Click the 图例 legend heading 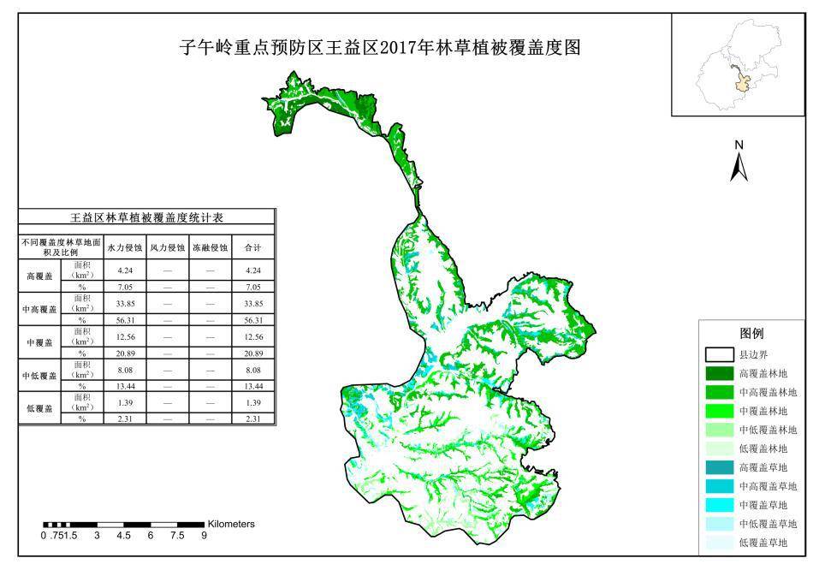[751, 333]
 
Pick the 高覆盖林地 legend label [769, 373]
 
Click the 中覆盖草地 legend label [769, 505]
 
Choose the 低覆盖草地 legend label [769, 543]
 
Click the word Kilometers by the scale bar [231, 524]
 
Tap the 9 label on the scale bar [204, 537]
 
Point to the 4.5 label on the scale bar [124, 537]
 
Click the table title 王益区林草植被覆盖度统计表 [147, 218]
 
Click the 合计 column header [252, 247]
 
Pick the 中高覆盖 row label [39, 309]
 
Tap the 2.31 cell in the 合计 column [252, 419]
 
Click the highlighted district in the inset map [743, 84]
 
